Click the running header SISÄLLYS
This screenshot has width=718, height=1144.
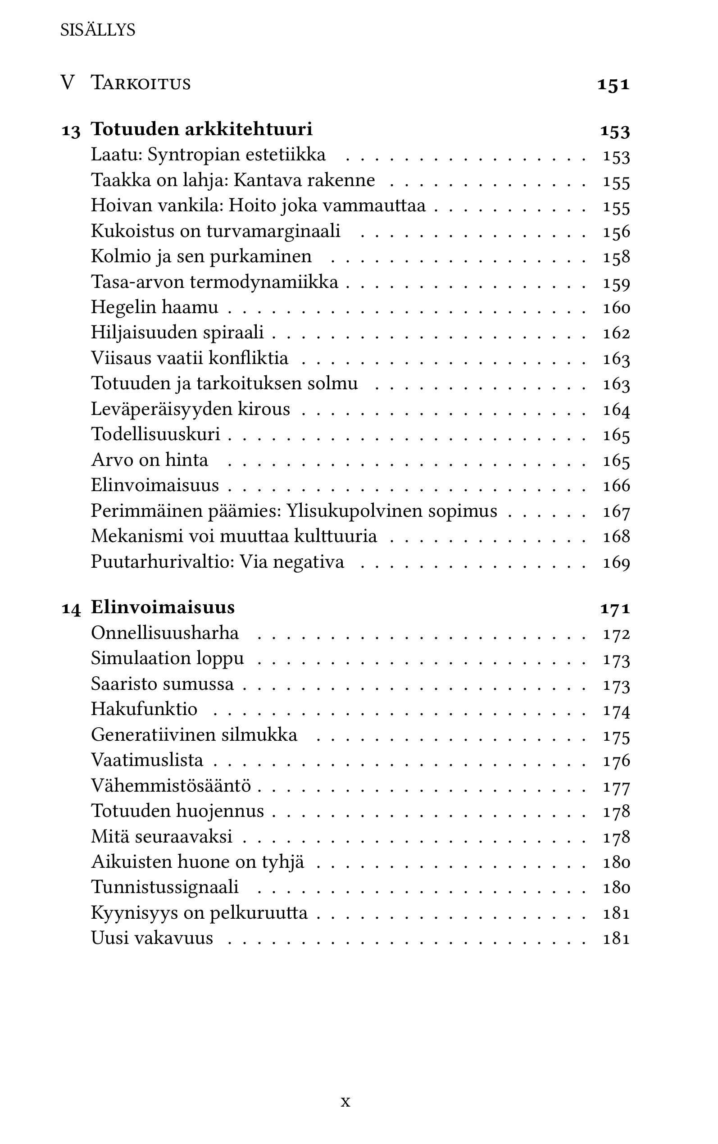click(97, 30)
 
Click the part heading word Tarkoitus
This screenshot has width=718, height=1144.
click(141, 83)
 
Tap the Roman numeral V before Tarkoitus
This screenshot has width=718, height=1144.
click(68, 83)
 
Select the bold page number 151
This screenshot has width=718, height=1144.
click(613, 85)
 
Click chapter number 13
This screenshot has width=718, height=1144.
click(71, 131)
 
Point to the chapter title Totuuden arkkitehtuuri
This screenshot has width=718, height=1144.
click(202, 129)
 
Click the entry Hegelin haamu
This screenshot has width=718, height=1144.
click(155, 307)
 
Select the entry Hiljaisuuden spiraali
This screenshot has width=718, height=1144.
click(177, 333)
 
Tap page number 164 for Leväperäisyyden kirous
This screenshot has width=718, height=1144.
click(616, 410)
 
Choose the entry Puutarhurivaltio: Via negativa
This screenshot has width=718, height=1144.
click(218, 562)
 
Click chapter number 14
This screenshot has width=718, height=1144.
click(71, 609)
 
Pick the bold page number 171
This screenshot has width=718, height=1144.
click(615, 608)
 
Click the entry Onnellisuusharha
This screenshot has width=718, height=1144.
click(165, 633)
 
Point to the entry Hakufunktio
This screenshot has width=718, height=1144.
click(144, 709)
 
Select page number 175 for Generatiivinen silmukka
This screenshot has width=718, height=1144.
click(616, 736)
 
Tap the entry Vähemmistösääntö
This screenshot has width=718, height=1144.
click(171, 785)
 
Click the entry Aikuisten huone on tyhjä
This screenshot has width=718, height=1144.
click(198, 862)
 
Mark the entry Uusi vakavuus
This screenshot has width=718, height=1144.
click(152, 938)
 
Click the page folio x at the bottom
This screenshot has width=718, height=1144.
click(345, 1101)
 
